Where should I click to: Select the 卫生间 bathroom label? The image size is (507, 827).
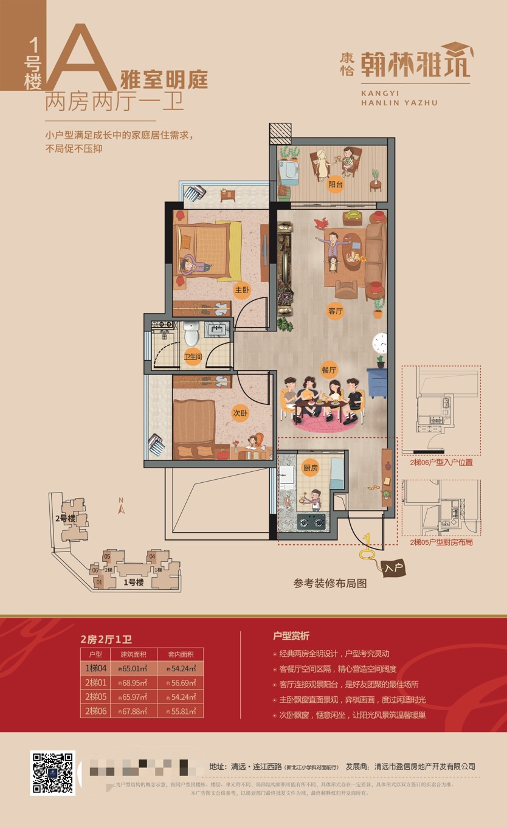193,356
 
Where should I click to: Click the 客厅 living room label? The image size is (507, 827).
336,311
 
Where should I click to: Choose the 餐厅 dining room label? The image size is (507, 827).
329,369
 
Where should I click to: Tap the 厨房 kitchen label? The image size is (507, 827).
311,468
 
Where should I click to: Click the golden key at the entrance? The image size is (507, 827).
367,548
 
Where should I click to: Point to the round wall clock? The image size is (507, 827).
381,344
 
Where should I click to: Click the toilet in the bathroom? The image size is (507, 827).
191,333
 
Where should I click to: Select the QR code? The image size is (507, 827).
52,773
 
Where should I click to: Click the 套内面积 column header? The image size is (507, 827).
181,654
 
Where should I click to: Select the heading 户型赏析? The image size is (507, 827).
291,636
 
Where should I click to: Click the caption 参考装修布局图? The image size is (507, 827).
330,583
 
